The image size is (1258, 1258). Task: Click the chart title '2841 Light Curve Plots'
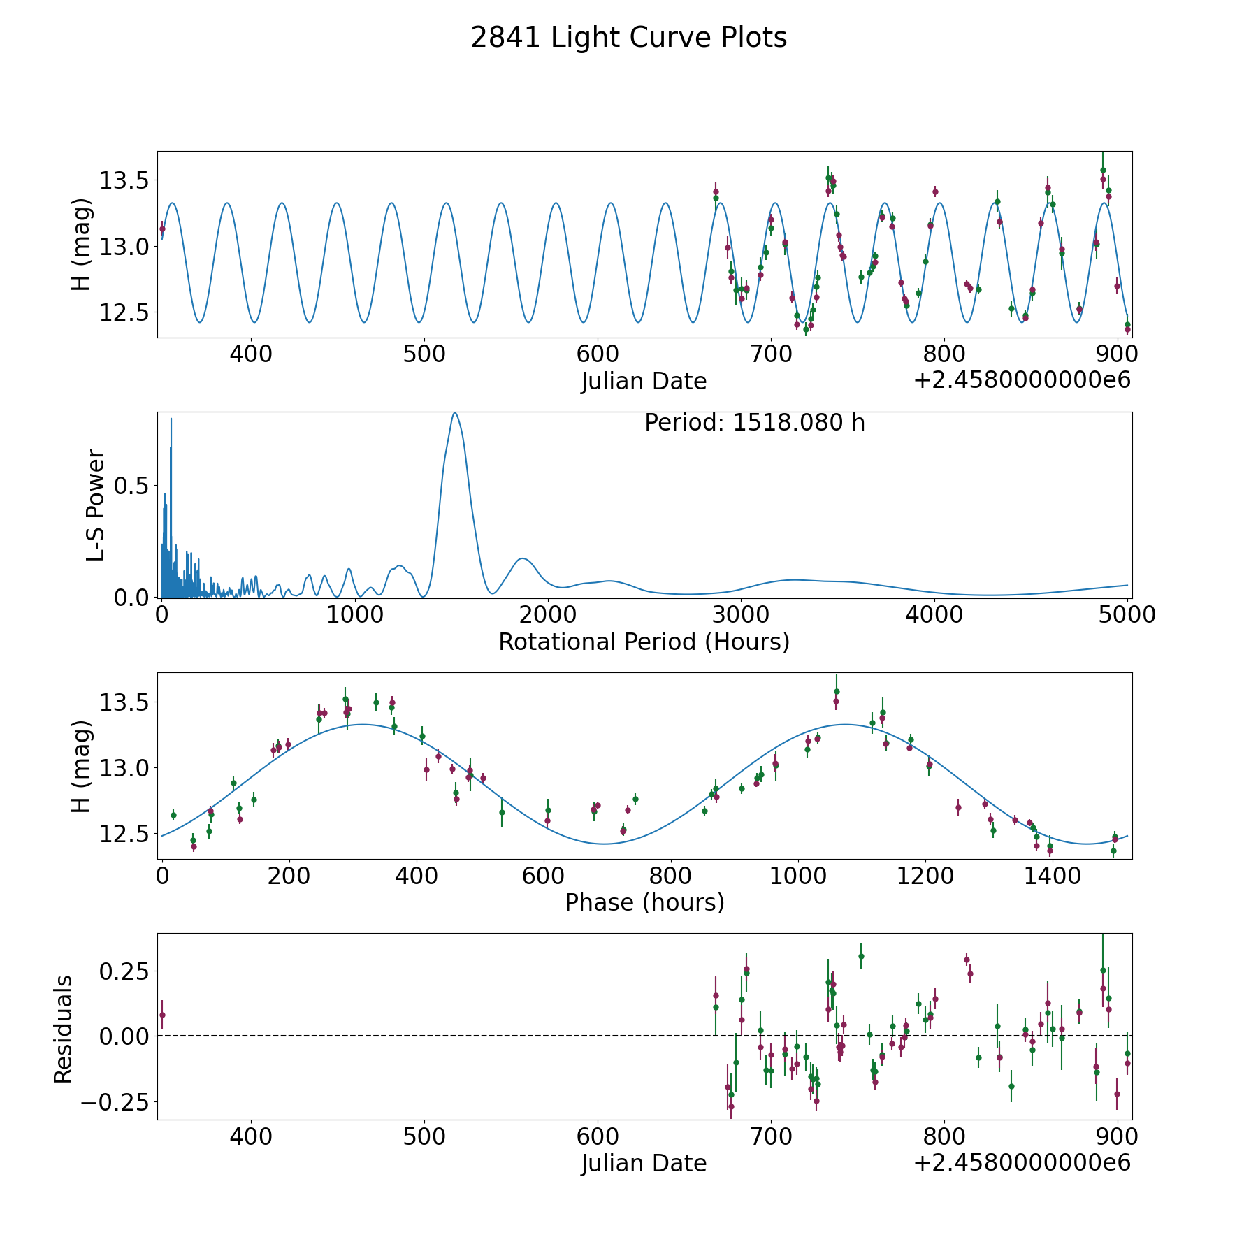pyautogui.click(x=628, y=38)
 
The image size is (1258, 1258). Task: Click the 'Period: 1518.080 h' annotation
pyautogui.click(x=754, y=423)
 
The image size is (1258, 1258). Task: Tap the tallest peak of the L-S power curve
pyautogui.click(x=455, y=413)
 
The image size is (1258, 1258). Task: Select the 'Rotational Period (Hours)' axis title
pyautogui.click(x=644, y=642)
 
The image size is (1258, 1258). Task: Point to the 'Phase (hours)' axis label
pyautogui.click(x=644, y=902)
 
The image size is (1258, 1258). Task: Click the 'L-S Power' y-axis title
pyautogui.click(x=96, y=505)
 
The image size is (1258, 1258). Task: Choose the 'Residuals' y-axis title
pyautogui.click(x=64, y=1029)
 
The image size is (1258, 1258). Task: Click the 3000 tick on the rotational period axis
pyautogui.click(x=741, y=614)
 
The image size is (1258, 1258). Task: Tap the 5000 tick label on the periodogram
pyautogui.click(x=1127, y=614)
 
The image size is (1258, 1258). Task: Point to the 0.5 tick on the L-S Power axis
pyautogui.click(x=132, y=486)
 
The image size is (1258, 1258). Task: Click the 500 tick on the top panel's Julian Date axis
pyautogui.click(x=424, y=354)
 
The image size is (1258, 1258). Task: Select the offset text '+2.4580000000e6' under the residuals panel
pyautogui.click(x=1022, y=1163)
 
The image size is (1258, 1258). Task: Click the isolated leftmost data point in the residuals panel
pyautogui.click(x=162, y=1015)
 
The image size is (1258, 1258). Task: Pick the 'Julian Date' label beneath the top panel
pyautogui.click(x=644, y=382)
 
